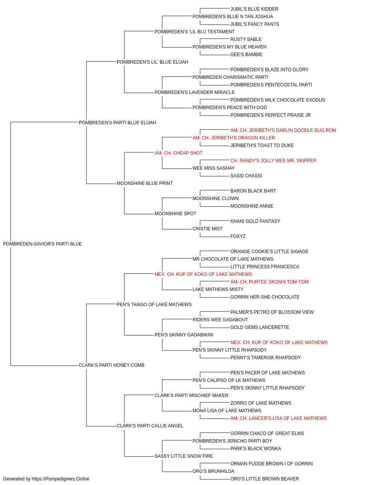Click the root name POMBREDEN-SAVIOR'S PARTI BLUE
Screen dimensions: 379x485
42,244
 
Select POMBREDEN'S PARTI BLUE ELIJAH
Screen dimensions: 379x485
117,122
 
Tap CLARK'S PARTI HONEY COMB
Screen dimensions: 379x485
111,365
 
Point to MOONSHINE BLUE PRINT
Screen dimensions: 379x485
145,183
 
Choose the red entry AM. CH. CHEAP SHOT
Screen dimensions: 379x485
179,153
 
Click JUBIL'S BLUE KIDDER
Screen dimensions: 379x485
254,9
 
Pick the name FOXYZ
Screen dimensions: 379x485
238,236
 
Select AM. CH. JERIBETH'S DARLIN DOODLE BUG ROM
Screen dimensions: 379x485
283,130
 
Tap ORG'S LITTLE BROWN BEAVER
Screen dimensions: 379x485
265,479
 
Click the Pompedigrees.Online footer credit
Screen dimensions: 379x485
46,479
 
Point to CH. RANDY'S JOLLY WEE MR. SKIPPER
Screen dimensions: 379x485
273,161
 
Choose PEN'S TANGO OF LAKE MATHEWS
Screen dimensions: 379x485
154,304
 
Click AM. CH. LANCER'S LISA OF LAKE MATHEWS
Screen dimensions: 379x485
278,418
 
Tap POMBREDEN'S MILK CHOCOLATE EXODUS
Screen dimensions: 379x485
278,100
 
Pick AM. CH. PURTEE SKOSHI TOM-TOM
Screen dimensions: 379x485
269,282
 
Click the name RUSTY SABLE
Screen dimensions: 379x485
246,39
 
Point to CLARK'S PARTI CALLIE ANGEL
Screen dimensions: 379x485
150,426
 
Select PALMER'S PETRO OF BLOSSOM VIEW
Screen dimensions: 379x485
272,312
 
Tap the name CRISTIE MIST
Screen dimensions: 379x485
207,229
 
